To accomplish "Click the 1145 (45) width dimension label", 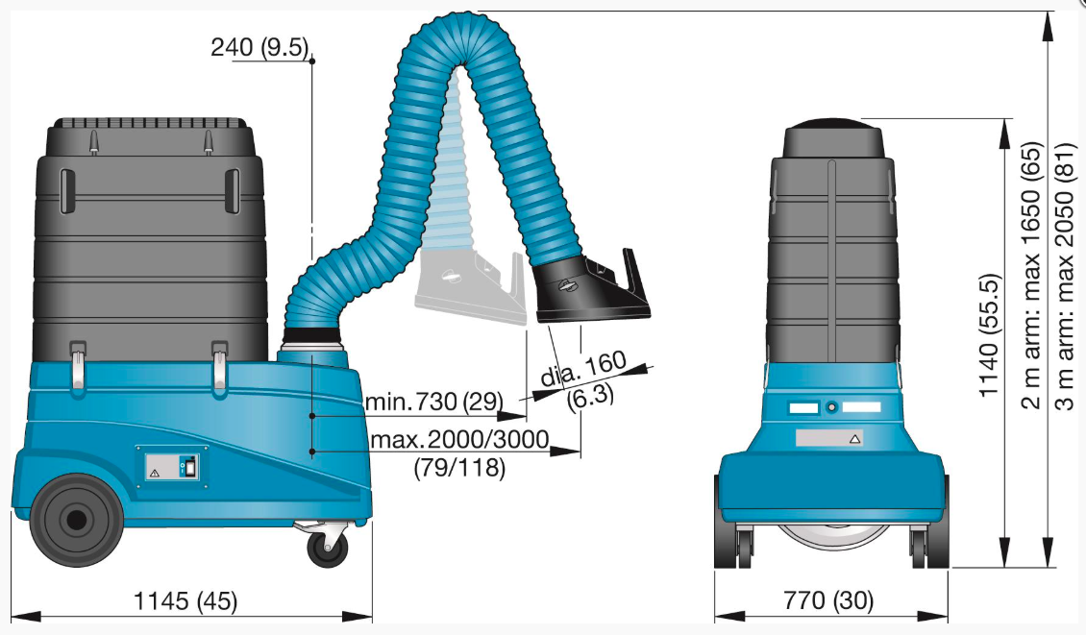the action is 185,601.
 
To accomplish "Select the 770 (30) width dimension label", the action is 828,599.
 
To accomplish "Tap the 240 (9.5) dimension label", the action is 259,47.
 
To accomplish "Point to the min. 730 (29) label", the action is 434,401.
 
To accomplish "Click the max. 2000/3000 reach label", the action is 460,439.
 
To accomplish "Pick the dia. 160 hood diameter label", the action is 583,368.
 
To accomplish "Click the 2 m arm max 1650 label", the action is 1031,276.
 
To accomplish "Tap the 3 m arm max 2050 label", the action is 1065,276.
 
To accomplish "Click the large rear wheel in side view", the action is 73,520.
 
